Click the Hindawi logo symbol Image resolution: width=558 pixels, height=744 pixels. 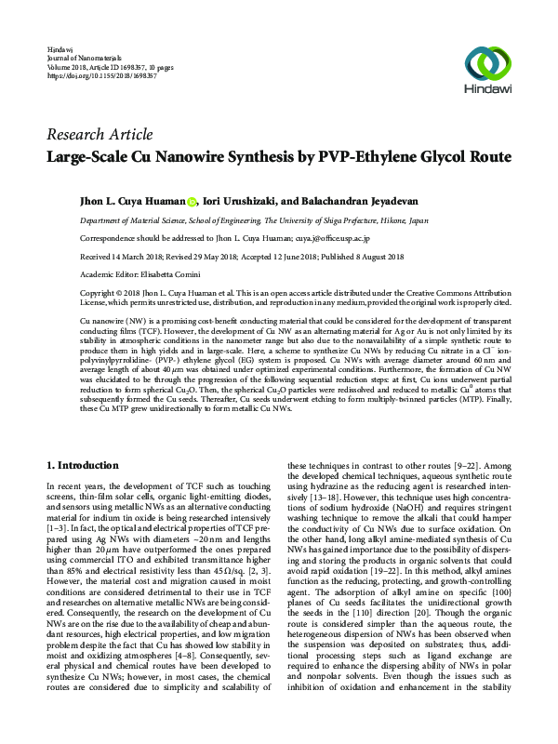coord(484,63)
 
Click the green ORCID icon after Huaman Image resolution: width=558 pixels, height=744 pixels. coord(193,201)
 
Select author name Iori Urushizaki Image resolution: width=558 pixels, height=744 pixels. coord(242,201)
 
